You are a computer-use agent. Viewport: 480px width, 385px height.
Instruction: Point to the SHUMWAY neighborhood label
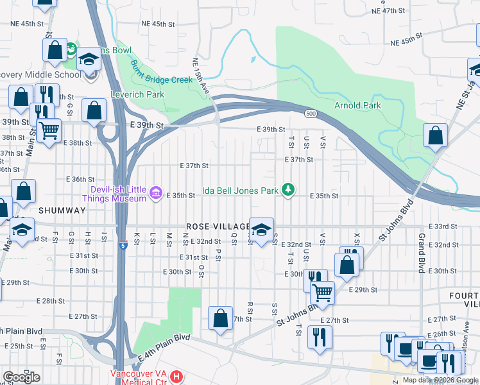[x=62, y=210]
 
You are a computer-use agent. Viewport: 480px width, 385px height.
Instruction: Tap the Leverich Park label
[x=138, y=94]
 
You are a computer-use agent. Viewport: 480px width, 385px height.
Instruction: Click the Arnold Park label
[x=357, y=105]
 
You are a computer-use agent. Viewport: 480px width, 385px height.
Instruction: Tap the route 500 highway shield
[x=310, y=114]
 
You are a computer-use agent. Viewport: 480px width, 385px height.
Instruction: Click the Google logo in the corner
[x=21, y=377]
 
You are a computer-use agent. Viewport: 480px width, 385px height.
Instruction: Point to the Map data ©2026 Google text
[x=440, y=380]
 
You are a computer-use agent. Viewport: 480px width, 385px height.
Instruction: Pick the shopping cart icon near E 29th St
[x=322, y=292]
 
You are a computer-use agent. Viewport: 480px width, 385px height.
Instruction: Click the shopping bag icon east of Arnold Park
[x=435, y=135]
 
